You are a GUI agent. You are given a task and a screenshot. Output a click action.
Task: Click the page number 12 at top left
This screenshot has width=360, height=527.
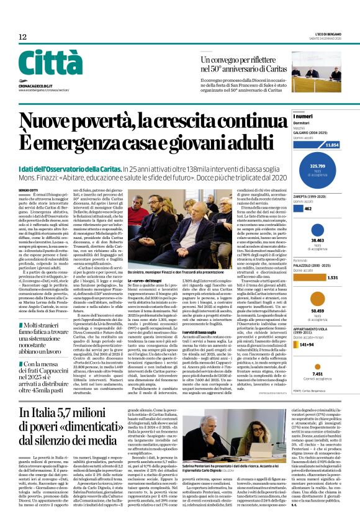[22, 37]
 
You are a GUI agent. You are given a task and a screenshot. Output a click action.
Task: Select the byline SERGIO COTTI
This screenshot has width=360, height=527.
[28, 189]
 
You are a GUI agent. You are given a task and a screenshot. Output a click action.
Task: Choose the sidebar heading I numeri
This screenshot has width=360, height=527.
[304, 116]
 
